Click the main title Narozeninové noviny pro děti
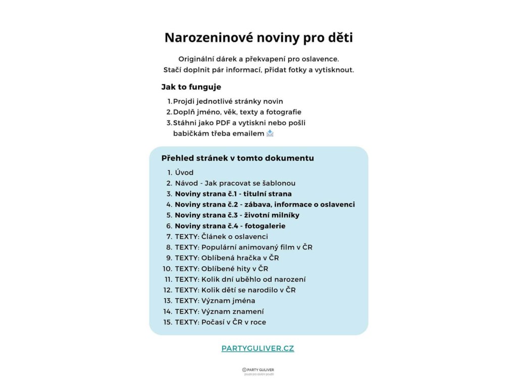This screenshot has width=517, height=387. pos(258,38)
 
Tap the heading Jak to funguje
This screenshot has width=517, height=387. pos(191,87)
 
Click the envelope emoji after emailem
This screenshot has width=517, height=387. pos(270,134)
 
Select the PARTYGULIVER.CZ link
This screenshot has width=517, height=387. pos(257,348)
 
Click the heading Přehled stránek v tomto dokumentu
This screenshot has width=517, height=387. pos(237,158)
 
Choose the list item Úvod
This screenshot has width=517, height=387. pos(184,172)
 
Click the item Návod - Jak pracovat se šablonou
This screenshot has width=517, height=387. pos(235,183)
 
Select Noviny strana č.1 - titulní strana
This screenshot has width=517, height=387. pos(233,193)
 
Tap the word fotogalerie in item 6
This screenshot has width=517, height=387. pos(265,226)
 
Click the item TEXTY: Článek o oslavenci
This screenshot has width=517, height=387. pos(221,236)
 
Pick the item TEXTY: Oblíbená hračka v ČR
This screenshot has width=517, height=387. pos(227,257)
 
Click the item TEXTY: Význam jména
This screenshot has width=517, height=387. pos(215,300)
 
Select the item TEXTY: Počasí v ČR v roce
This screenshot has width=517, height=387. pos(220,322)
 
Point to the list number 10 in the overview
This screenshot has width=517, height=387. pos(167,269)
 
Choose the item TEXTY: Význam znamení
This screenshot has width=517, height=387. pos(219,311)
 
